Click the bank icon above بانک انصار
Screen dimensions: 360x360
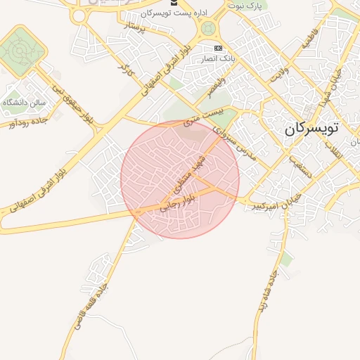218,48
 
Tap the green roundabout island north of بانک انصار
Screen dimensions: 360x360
208,29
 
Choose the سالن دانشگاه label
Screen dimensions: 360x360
24,103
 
